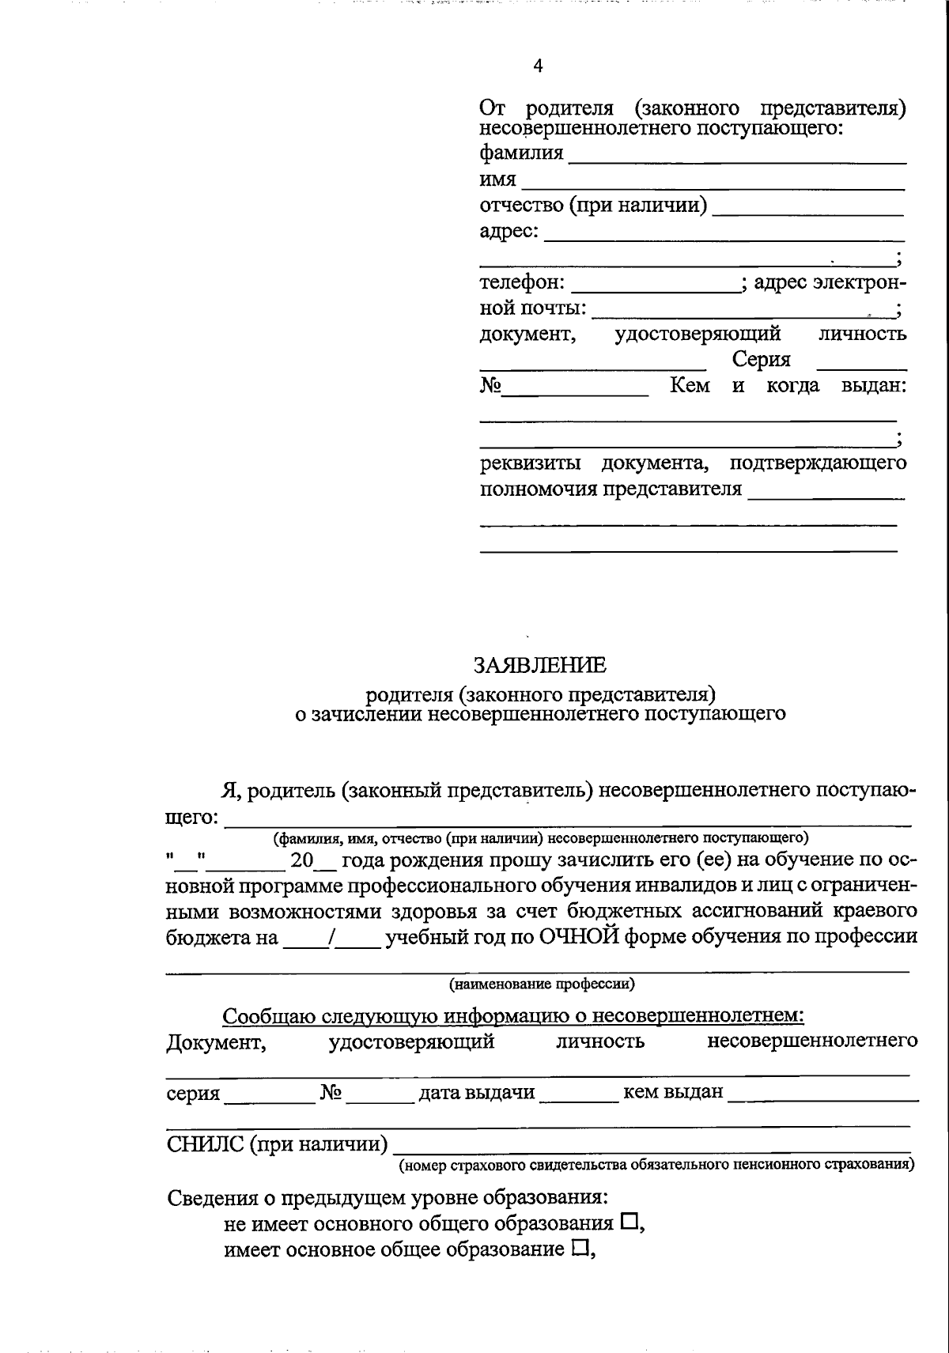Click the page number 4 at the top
tap(538, 66)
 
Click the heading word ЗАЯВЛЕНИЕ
tap(540, 665)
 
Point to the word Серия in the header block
tap(761, 360)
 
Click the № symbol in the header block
tap(491, 386)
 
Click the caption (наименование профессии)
tap(542, 985)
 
